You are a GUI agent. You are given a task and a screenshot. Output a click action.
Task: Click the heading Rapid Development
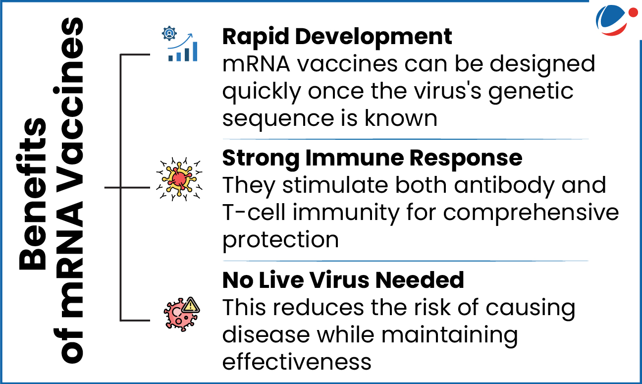click(337, 38)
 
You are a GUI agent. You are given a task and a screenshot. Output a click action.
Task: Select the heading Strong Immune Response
click(373, 159)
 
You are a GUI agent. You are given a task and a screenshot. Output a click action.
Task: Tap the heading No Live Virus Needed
click(343, 280)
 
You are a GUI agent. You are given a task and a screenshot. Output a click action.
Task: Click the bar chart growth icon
click(183, 48)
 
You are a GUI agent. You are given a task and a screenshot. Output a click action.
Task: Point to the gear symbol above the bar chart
click(169, 34)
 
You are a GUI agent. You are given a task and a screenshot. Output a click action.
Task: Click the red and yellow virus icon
click(179, 179)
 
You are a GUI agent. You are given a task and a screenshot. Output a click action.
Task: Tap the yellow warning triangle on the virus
click(191, 305)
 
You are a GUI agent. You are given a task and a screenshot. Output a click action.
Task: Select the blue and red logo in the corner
click(616, 19)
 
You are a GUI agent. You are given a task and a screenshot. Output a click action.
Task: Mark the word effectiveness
click(297, 362)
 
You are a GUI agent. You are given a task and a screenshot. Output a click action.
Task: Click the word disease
click(266, 335)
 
